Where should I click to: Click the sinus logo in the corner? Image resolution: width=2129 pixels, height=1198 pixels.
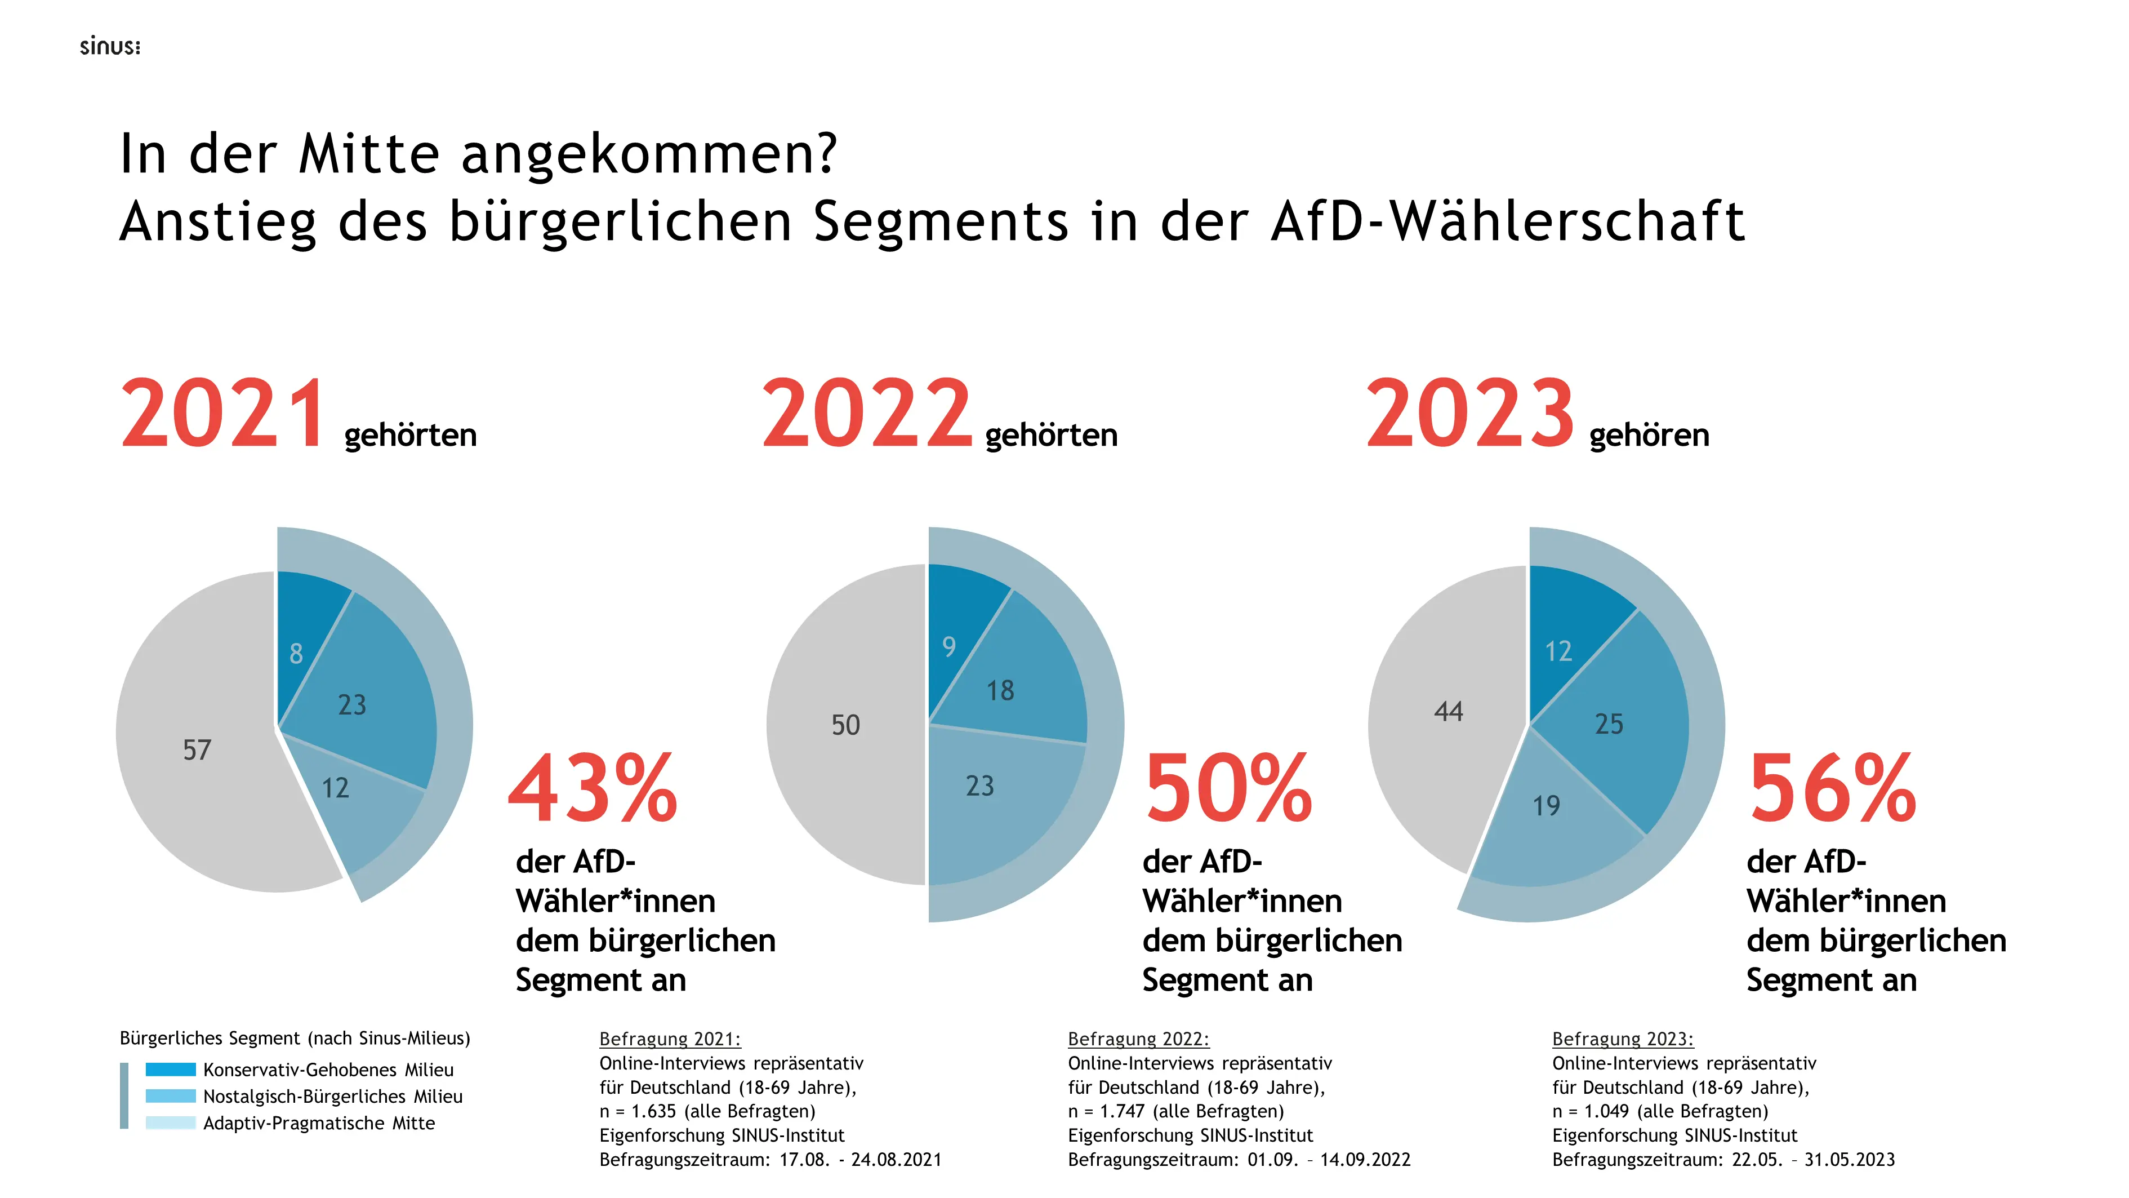110,47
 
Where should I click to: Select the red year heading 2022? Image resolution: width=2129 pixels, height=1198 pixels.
866,414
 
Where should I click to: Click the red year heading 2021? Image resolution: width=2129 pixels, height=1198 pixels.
223,414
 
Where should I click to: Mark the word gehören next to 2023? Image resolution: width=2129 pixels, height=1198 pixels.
1649,435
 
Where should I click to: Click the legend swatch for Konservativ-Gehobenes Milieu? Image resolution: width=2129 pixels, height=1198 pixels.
170,1069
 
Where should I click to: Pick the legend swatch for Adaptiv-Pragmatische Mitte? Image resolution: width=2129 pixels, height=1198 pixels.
170,1122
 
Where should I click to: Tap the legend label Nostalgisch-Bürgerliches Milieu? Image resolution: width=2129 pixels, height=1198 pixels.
333,1097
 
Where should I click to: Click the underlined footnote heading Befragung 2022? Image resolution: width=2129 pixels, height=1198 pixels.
1138,1039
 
